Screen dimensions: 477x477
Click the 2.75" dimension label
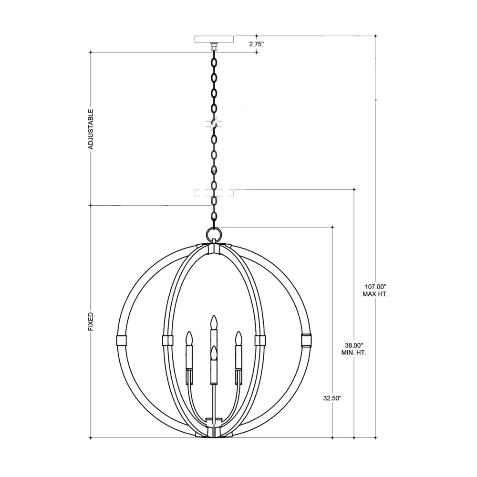pyautogui.click(x=256, y=44)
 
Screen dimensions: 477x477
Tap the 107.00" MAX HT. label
pyautogui.click(x=375, y=290)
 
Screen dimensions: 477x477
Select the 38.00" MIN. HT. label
pyautogui.click(x=354, y=349)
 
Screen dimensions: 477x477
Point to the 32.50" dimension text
pyautogui.click(x=332, y=398)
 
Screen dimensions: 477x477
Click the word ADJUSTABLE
pyautogui.click(x=91, y=129)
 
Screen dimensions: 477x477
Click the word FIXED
pyautogui.click(x=91, y=321)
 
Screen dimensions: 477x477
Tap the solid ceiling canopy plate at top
pyautogui.click(x=215, y=40)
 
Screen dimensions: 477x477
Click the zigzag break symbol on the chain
pyautogui.click(x=215, y=124)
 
